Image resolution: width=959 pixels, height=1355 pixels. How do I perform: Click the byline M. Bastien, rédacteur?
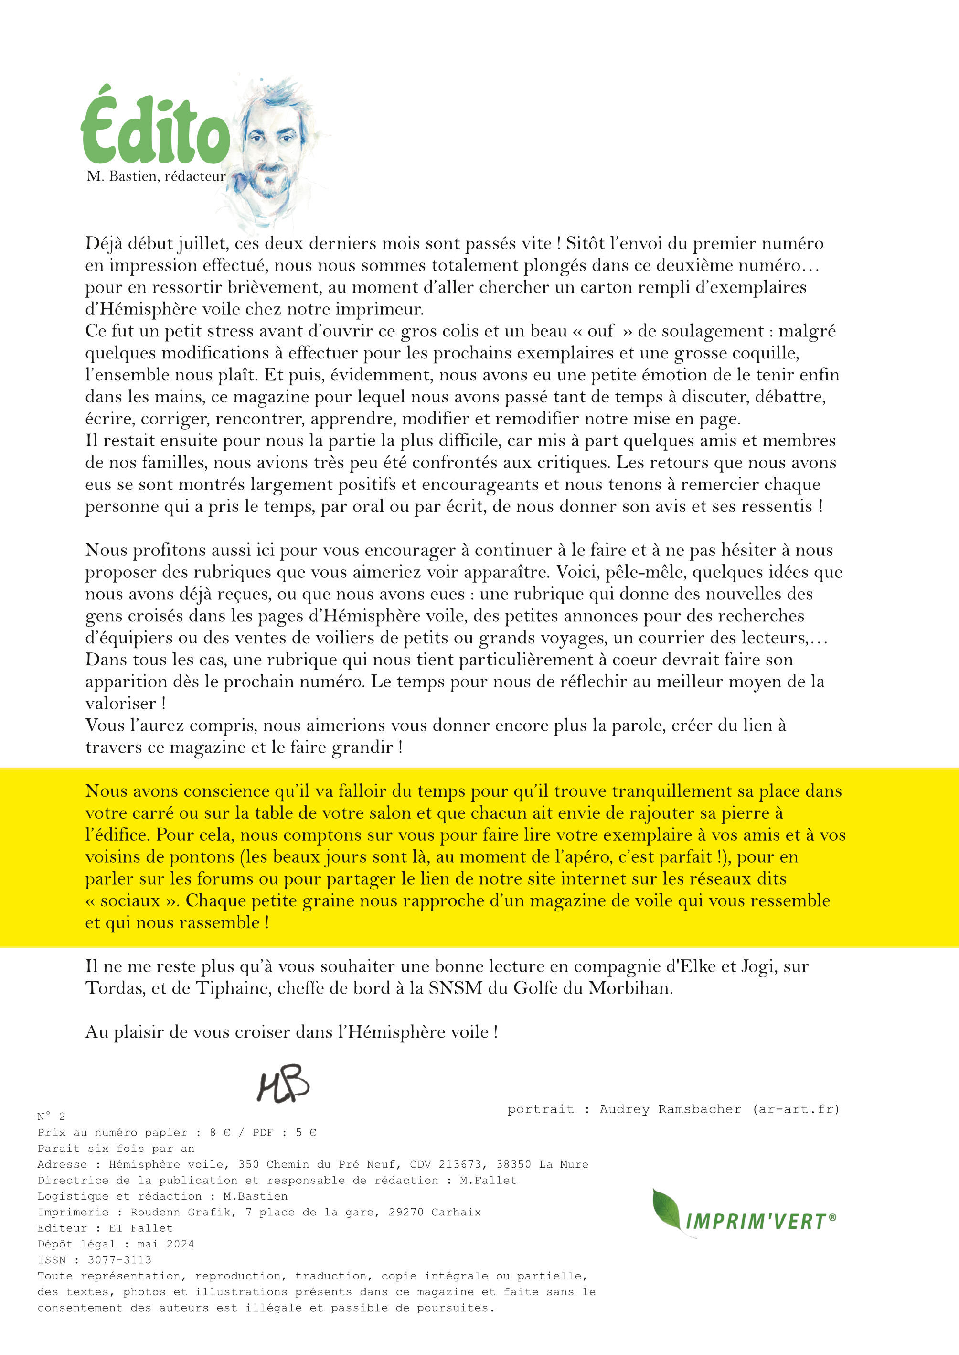[156, 176]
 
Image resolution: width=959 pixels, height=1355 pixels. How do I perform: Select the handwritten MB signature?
[283, 1084]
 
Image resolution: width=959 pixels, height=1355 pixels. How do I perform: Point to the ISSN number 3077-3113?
[120, 1260]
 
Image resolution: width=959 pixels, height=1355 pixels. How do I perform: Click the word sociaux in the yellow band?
[130, 900]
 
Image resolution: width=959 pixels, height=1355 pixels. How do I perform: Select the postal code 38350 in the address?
[514, 1164]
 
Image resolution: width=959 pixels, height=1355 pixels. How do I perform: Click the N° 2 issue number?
[52, 1117]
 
